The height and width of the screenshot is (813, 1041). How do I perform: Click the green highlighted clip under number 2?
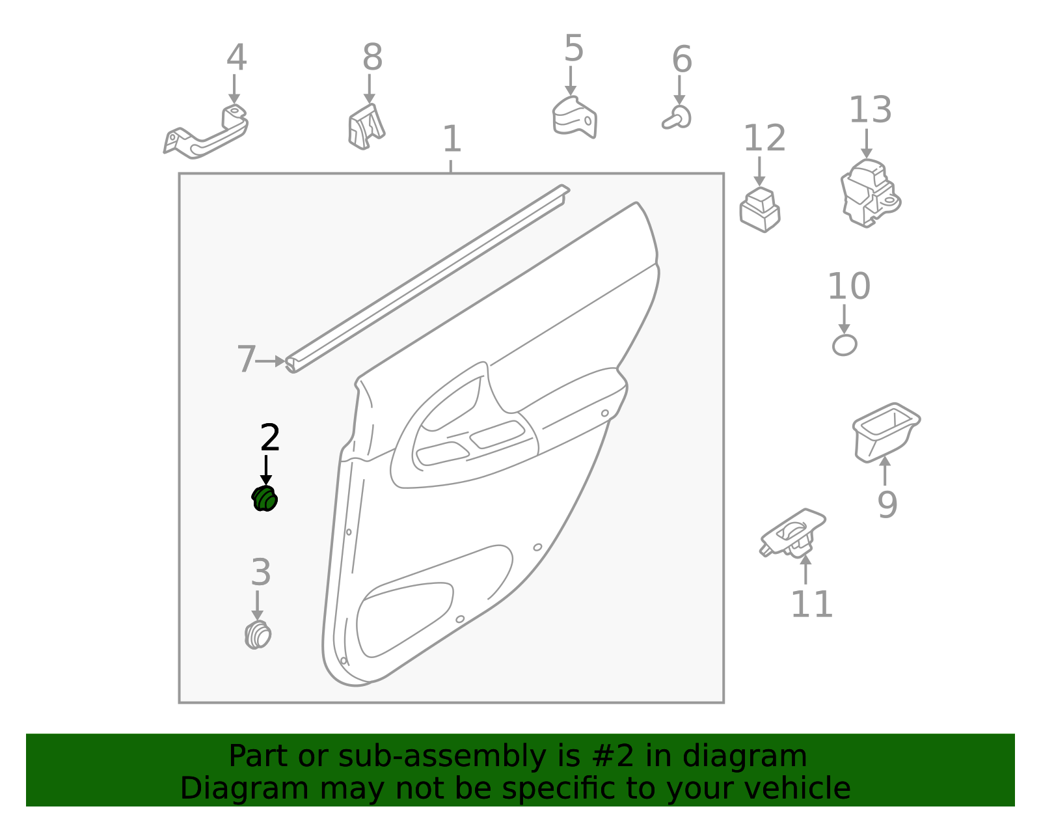click(264, 498)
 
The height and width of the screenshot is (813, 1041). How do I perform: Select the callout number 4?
click(237, 57)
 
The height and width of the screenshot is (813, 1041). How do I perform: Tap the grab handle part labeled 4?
click(206, 132)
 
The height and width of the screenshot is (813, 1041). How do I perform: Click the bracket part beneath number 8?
click(366, 127)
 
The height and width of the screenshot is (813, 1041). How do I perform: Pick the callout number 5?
click(574, 48)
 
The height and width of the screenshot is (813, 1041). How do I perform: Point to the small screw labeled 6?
click(677, 118)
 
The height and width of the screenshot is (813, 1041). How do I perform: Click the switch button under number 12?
click(760, 210)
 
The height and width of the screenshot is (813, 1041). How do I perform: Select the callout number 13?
click(870, 110)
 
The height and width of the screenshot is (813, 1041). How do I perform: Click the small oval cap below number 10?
click(845, 345)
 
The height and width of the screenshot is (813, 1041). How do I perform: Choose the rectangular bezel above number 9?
click(886, 433)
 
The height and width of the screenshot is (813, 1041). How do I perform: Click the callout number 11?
click(811, 604)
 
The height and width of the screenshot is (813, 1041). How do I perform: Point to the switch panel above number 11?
click(793, 533)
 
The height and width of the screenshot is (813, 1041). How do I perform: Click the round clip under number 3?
click(258, 635)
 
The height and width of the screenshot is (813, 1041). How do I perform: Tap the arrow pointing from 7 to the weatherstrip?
click(271, 361)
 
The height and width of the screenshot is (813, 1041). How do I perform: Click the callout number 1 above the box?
click(452, 139)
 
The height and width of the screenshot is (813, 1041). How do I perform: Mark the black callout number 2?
click(270, 437)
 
